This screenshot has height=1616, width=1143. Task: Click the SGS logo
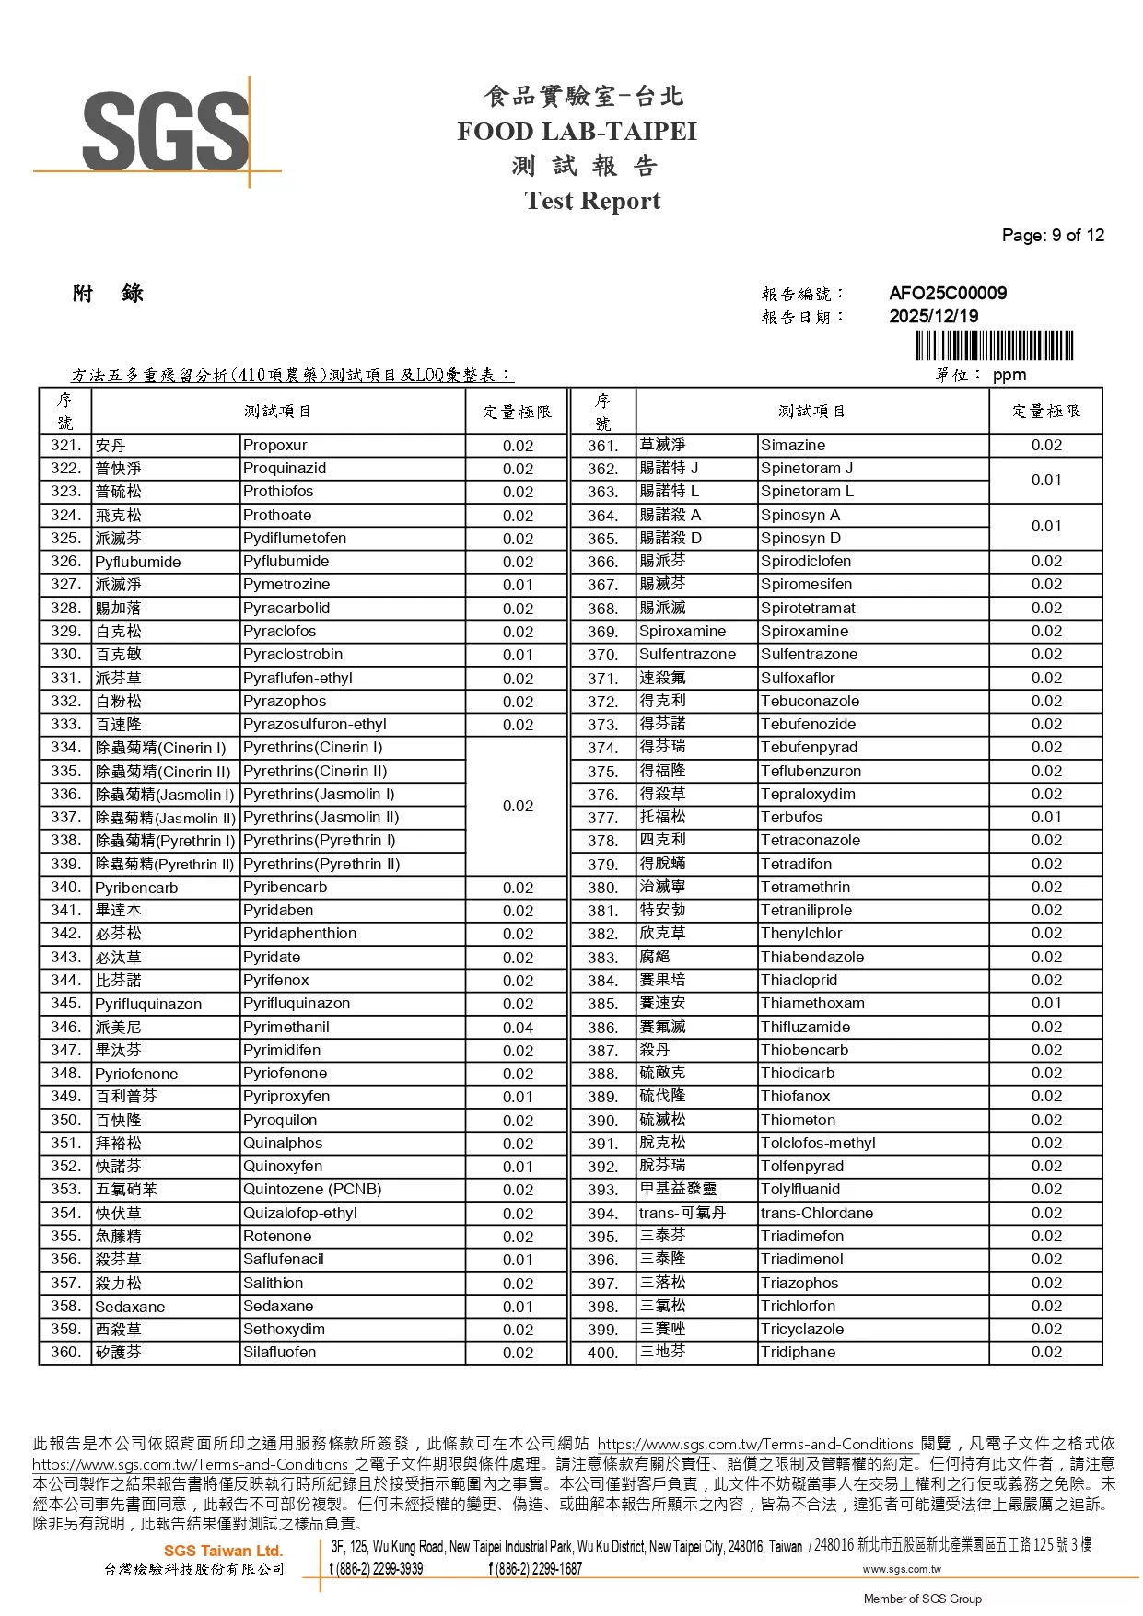[166, 131]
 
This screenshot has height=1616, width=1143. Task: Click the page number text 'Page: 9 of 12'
[1052, 235]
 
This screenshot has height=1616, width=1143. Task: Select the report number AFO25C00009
[947, 294]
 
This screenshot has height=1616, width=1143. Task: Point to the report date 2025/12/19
[933, 316]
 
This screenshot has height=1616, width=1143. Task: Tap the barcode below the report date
[994, 345]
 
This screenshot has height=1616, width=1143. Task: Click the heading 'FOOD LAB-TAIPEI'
[577, 131]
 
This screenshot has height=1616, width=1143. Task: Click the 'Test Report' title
[592, 201]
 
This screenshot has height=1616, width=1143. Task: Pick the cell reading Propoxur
[275, 446]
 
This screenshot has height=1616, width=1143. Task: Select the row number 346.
[65, 1027]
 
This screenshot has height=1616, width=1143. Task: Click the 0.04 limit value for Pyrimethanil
[518, 1028]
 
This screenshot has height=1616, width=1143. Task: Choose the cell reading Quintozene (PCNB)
[312, 1190]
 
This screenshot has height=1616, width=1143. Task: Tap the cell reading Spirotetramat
[808, 608]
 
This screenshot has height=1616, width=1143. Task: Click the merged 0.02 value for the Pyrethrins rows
[518, 806]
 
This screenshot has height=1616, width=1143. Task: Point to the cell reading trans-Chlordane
[817, 1213]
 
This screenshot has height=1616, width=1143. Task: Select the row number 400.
[602, 1353]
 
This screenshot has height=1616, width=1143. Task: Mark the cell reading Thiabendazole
[812, 957]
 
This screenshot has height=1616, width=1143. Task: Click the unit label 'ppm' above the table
[1009, 375]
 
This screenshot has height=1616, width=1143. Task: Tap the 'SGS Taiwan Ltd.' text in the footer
[223, 1551]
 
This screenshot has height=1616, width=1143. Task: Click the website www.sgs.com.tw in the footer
[901, 1569]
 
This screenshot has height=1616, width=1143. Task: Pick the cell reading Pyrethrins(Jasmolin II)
[321, 818]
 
